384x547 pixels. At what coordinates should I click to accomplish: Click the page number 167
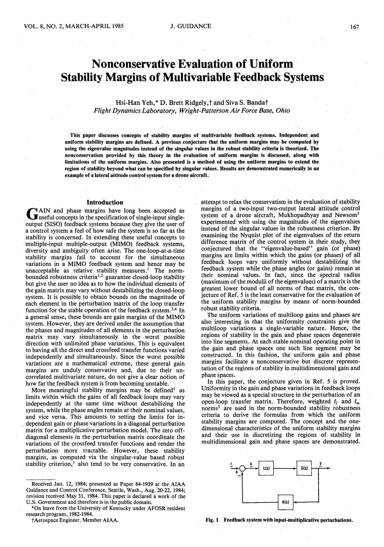pos(354,27)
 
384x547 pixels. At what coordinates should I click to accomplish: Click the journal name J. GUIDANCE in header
pos(191,26)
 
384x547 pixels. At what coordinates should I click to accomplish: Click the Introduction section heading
pos(105,202)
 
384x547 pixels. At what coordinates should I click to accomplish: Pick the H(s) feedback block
pos(285,502)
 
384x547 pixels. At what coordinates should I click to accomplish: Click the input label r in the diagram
pos(231,463)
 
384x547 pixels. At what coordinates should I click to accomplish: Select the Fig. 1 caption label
pos(212,520)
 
